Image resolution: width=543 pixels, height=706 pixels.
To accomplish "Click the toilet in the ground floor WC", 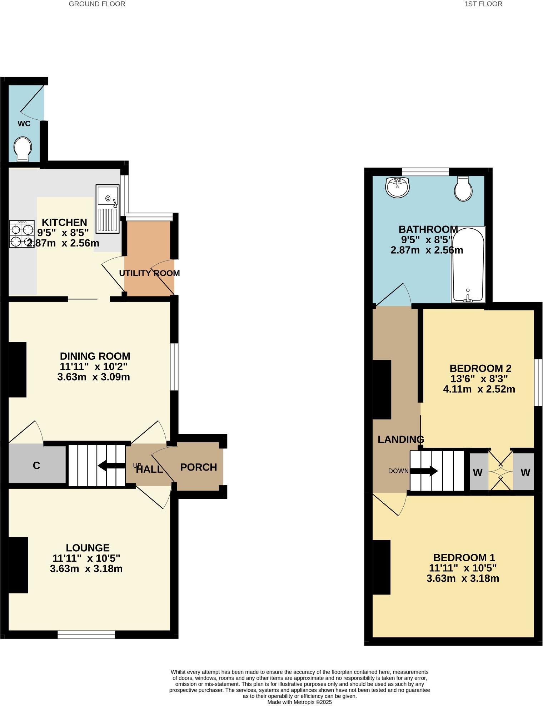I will pos(23,149).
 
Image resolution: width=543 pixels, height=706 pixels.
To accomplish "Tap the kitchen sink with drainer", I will pos(107,209).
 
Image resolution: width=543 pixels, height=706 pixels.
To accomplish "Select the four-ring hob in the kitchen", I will pos(22,234).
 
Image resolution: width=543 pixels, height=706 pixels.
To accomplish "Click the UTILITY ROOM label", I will pos(149,273).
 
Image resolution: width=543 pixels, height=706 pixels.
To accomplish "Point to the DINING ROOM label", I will pos(95,356).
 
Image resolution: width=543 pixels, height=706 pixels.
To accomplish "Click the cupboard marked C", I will pos(36,466).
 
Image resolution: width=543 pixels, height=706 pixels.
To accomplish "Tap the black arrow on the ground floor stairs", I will pos(111,466).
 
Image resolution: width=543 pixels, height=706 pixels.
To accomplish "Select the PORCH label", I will pos(198,467).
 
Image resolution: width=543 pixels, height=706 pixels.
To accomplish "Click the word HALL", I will pos(150,469).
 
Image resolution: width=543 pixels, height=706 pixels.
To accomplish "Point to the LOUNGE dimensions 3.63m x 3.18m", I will pos(86,568).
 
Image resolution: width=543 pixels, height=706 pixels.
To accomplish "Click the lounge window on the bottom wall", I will pos(86,635).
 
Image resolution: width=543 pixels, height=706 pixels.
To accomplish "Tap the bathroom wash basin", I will pos(397,187).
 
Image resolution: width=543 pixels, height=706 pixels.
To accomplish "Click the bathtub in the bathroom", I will pos(468,264).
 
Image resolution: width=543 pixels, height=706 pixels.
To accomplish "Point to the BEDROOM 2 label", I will pos(480,368).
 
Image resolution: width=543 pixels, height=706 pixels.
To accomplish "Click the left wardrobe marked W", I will pos(478,472).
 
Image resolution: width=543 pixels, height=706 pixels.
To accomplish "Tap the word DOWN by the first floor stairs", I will pos(398,471).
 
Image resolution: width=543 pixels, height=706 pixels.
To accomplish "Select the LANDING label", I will pos(400,439).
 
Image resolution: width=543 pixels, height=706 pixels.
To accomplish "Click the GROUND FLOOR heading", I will pos(97,4).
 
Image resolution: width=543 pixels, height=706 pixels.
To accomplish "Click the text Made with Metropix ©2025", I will pos(299,702).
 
